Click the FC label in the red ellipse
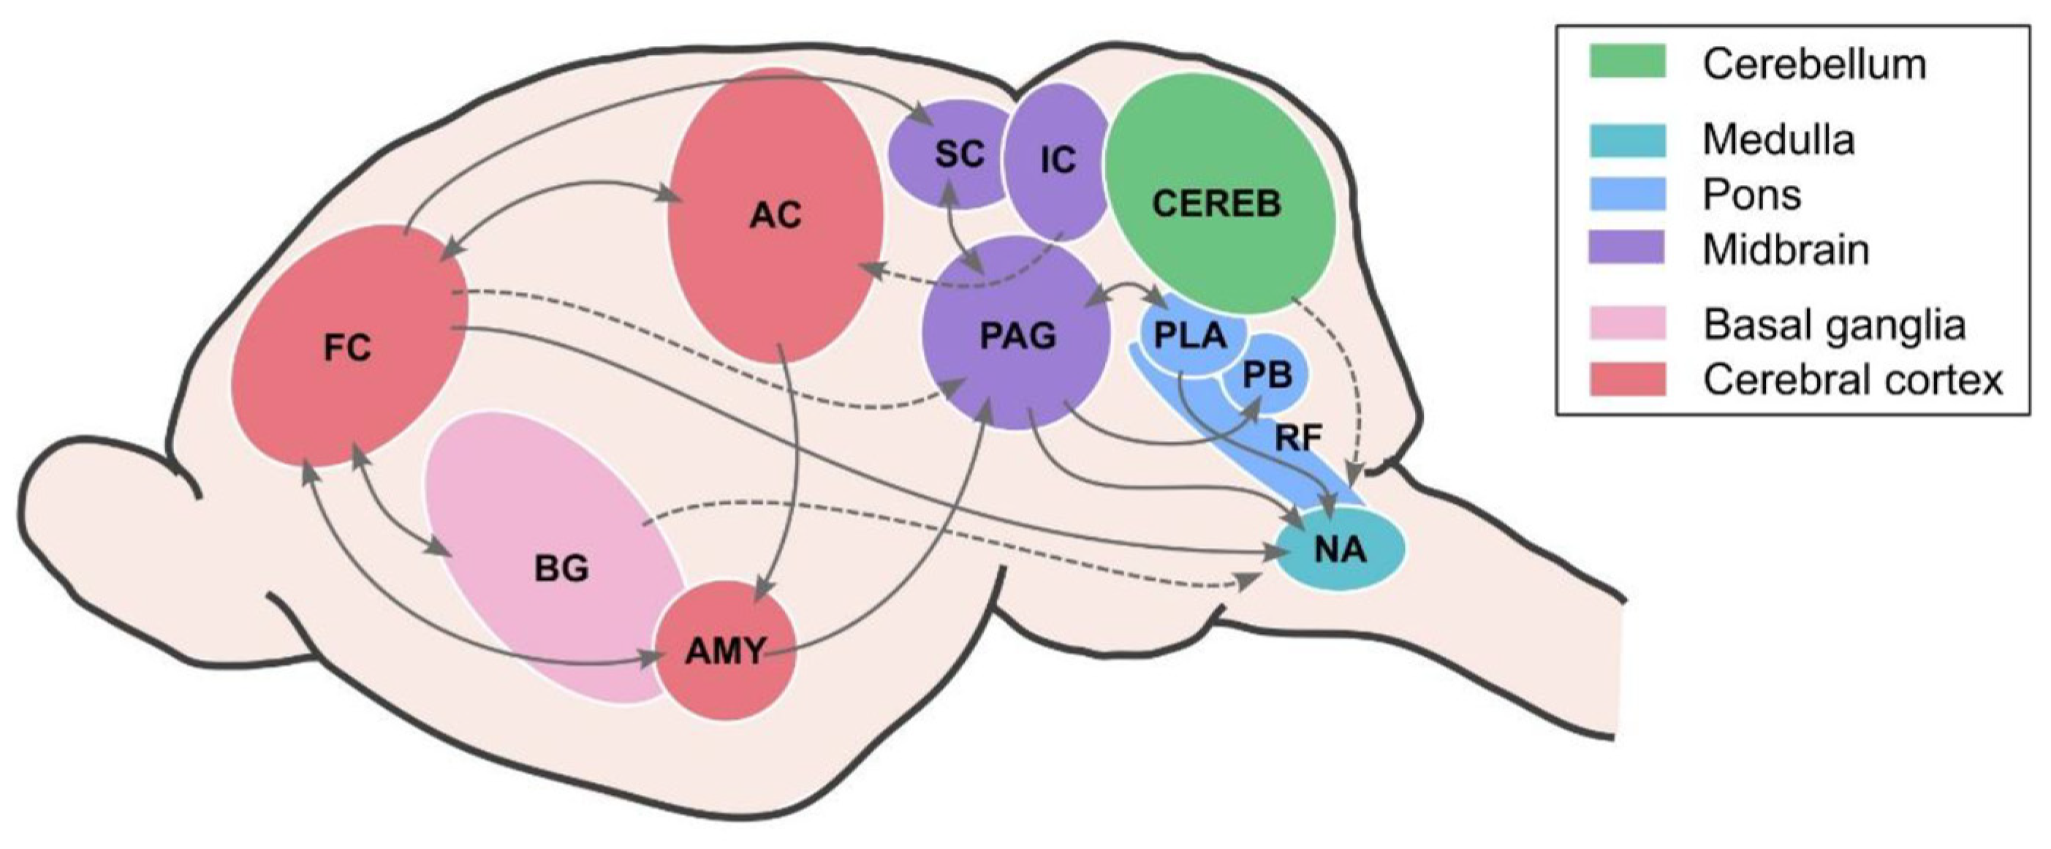pyautogui.click(x=348, y=348)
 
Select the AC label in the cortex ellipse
pyautogui.click(x=776, y=215)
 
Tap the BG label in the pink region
pyautogui.click(x=561, y=569)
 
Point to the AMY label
pyautogui.click(x=725, y=652)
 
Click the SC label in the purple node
pyautogui.click(x=960, y=154)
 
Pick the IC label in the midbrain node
pyautogui.click(x=1058, y=160)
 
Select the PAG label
pyautogui.click(x=1018, y=336)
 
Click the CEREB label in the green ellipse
pyautogui.click(x=1216, y=204)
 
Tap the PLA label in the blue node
pyautogui.click(x=1190, y=336)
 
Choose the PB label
pyautogui.click(x=1267, y=375)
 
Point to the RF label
pyautogui.click(x=1298, y=437)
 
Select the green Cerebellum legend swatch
pyautogui.click(x=1627, y=61)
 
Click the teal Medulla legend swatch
pyautogui.click(x=1627, y=140)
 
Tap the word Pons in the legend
pyautogui.click(x=1751, y=195)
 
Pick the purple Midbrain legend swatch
pyautogui.click(x=1627, y=248)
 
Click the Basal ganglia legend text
pyautogui.click(x=1834, y=324)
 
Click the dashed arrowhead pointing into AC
pyautogui.click(x=872, y=270)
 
